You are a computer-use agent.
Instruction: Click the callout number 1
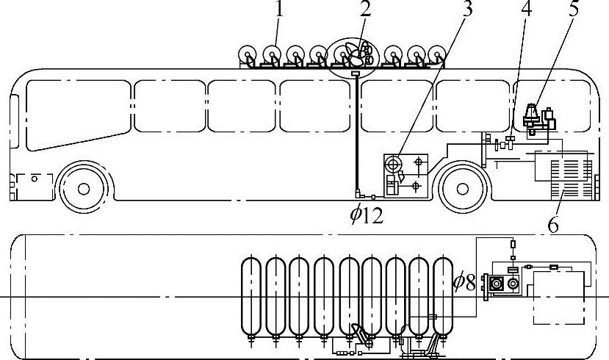(279, 9)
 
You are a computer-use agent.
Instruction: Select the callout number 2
(365, 9)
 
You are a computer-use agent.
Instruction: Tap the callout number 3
(468, 9)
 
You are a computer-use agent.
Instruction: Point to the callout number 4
(526, 9)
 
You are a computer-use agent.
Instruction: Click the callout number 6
(553, 224)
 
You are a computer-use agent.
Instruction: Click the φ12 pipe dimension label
(367, 215)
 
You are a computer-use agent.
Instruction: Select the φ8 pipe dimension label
(464, 282)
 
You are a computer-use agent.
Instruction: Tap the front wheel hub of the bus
(84, 189)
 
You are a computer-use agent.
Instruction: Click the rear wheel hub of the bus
(462, 189)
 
